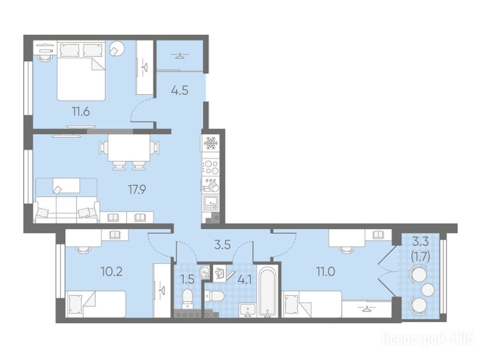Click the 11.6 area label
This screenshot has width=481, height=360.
(x=81, y=112)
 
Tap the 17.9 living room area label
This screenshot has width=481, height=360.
(x=137, y=190)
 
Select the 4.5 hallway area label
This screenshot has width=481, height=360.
(x=180, y=91)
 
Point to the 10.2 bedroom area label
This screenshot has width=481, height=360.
(x=112, y=271)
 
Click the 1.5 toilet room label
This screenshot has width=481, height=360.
(x=187, y=279)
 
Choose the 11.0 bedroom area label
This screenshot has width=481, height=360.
(x=326, y=271)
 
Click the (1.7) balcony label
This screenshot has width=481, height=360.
(x=420, y=256)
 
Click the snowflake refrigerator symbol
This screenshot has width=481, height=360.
(x=211, y=143)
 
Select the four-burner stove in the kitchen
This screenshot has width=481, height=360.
(x=211, y=168)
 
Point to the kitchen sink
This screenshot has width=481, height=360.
(x=211, y=202)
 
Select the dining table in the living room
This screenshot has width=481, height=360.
(x=129, y=148)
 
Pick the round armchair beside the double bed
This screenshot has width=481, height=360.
(x=117, y=48)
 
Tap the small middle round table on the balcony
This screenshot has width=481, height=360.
(x=428, y=289)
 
